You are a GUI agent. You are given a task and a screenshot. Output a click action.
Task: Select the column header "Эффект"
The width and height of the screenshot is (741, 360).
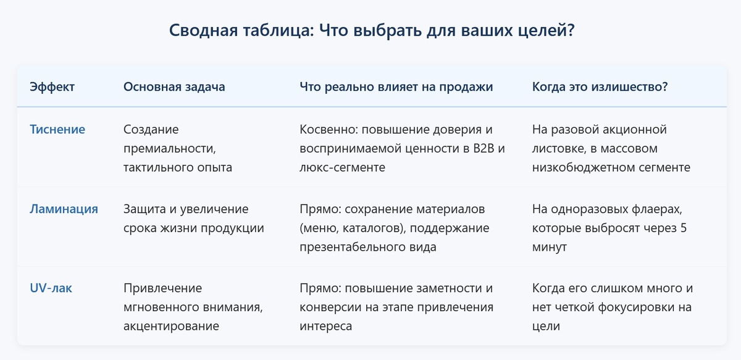pos(52,87)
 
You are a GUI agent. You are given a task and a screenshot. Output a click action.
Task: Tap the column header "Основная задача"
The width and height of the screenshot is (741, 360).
pos(174,87)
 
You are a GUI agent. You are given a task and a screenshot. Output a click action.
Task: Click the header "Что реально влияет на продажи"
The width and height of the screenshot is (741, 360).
pos(396,87)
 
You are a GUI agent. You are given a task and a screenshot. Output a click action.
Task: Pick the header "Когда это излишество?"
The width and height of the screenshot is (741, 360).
pos(600,87)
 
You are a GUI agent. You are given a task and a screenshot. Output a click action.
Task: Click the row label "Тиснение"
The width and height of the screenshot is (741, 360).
pos(57,130)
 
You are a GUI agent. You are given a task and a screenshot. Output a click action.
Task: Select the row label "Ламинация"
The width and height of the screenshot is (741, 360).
pos(64,209)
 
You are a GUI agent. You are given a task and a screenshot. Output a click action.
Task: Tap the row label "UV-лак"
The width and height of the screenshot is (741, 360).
pos(51,288)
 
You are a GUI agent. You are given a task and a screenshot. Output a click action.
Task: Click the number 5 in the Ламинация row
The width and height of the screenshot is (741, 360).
pos(684,228)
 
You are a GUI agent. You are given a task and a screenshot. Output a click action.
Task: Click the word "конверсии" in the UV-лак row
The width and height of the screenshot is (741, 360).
pos(328,307)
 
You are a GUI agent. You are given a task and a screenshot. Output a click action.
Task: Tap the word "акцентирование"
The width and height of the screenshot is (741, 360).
pos(172,325)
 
